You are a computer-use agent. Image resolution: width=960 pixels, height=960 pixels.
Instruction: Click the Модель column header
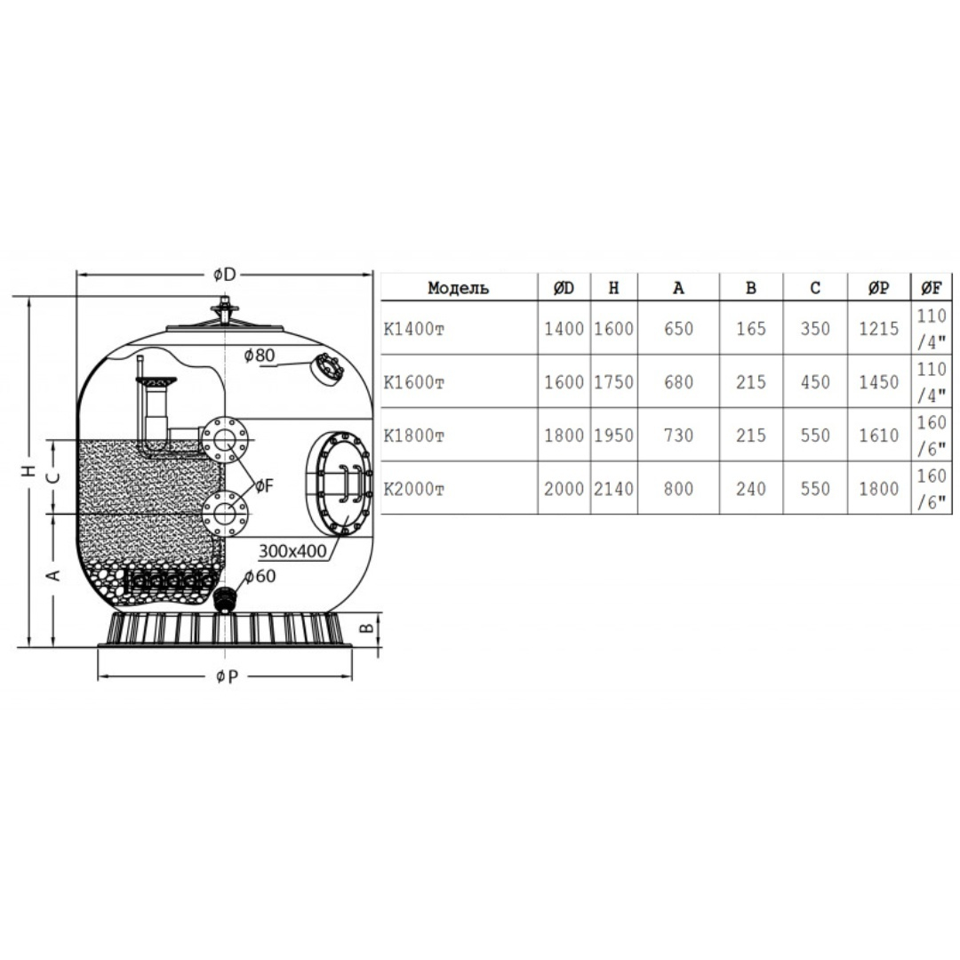coord(458,288)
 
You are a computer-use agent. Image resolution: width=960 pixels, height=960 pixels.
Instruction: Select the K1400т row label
coord(414,330)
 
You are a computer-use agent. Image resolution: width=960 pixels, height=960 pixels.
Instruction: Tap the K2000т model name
coord(414,489)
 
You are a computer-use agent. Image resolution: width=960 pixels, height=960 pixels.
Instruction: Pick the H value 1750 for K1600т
coord(614,382)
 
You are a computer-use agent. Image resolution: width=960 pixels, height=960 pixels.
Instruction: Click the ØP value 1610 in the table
coord(878,436)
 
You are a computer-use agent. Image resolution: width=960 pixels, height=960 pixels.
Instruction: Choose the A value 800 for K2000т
coord(678,489)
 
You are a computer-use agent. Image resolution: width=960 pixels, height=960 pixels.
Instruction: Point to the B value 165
coord(751,329)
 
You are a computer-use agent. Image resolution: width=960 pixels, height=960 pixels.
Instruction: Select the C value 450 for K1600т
coord(815,382)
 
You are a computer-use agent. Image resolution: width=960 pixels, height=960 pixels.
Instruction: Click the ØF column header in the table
coord(931,288)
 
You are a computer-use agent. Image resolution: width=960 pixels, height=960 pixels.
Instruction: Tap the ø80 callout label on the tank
coord(259,355)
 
